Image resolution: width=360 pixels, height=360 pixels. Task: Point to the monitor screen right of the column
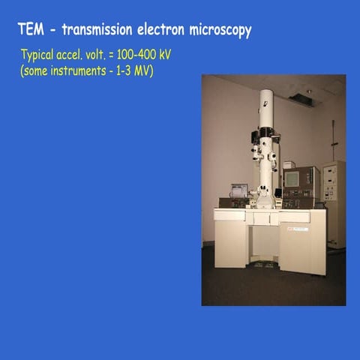pyautogui.click(x=289, y=178)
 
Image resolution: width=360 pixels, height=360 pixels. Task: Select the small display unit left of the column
pyautogui.click(x=238, y=190)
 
